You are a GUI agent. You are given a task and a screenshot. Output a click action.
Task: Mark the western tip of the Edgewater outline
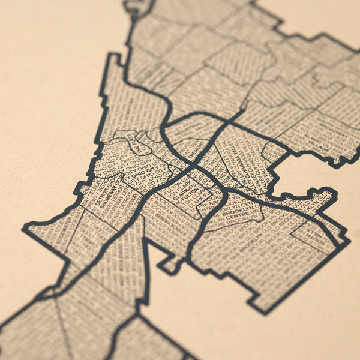click(x=24, y=228)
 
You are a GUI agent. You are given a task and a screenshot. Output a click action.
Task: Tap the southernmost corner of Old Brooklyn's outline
click(x=264, y=312)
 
